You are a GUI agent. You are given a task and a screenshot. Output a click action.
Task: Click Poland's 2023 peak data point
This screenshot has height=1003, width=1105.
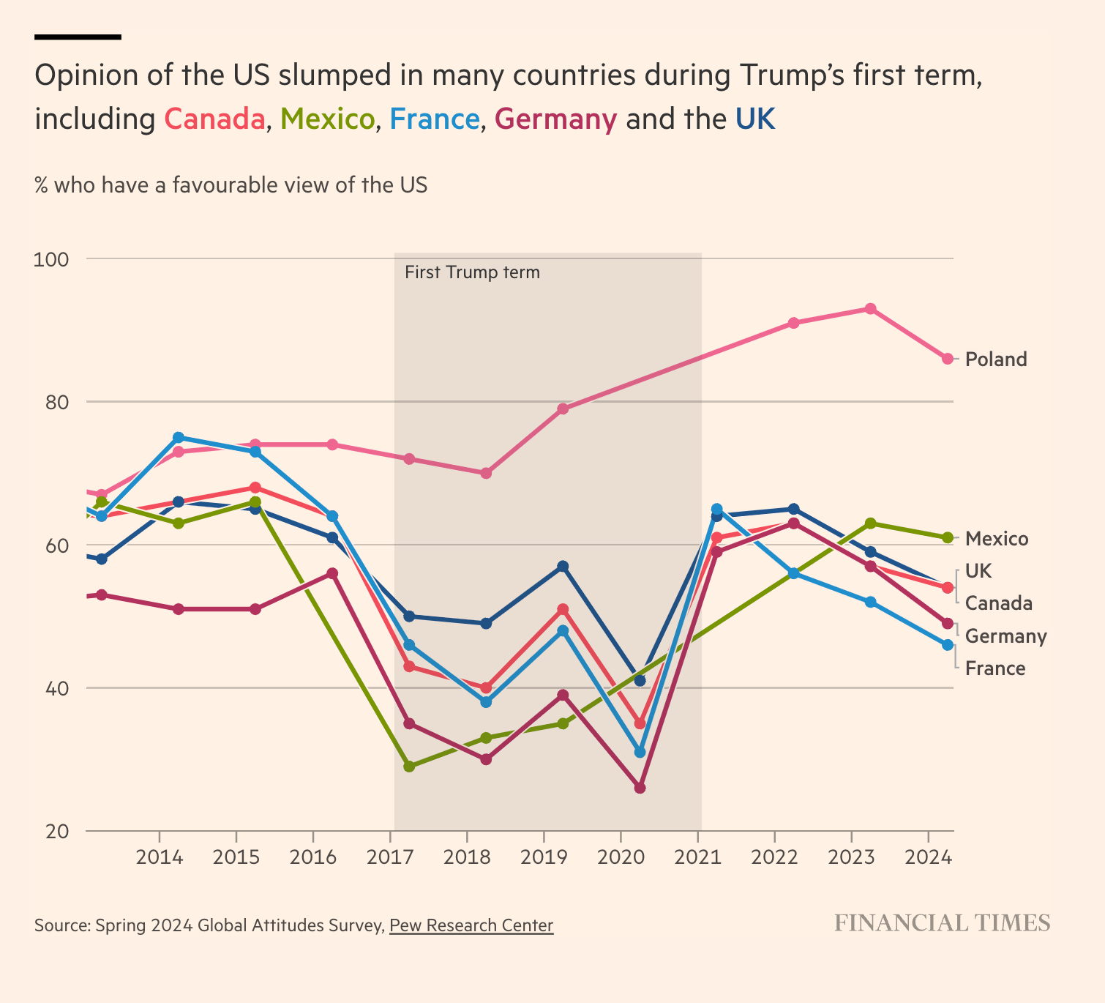click(870, 309)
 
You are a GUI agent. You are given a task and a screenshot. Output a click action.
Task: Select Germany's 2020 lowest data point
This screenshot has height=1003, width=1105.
click(640, 788)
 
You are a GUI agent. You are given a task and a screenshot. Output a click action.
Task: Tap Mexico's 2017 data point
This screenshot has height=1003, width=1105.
click(409, 767)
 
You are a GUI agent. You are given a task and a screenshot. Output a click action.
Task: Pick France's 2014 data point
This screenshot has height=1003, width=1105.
click(178, 438)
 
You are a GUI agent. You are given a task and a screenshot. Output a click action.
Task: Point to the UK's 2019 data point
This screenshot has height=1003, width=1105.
click(563, 567)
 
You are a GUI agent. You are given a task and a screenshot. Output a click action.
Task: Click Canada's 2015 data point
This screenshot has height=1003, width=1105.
click(255, 488)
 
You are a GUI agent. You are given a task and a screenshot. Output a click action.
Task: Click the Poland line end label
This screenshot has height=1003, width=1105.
click(996, 359)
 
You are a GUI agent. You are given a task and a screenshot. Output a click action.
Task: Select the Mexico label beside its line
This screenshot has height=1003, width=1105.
click(997, 539)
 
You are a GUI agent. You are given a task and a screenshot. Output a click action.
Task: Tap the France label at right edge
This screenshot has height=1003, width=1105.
click(995, 668)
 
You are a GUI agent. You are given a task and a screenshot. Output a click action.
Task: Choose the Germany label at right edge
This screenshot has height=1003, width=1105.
click(1005, 636)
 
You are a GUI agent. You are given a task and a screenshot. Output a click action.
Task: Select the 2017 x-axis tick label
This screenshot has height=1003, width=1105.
click(389, 857)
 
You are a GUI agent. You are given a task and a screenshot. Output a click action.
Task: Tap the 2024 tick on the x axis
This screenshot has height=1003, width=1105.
click(928, 857)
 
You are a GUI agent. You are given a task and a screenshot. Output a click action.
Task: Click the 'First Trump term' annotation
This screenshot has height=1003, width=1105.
click(472, 273)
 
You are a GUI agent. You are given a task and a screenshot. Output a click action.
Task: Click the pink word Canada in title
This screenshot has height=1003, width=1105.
click(214, 119)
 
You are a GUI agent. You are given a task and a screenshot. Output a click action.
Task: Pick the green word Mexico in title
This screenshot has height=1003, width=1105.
click(327, 119)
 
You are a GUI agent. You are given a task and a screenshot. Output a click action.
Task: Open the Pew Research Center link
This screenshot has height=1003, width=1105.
click(471, 925)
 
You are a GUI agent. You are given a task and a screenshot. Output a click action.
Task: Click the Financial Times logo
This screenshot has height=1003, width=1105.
click(943, 923)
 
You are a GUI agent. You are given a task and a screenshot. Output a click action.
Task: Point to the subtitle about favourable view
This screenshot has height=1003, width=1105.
click(231, 185)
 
